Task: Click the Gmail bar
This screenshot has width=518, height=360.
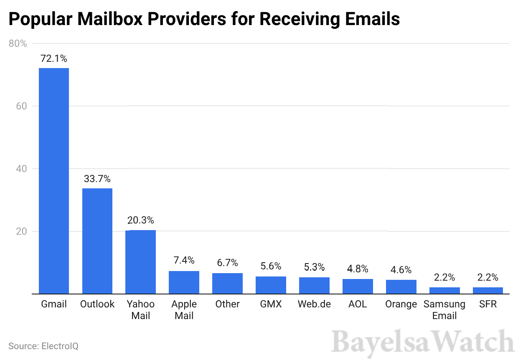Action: pyautogui.click(x=54, y=181)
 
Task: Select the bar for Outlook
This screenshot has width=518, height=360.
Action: pyautogui.click(x=97, y=241)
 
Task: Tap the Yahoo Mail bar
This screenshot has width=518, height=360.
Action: pyautogui.click(x=141, y=262)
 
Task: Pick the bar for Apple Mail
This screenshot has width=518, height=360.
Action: pyautogui.click(x=184, y=282)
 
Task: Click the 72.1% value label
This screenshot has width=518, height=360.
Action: pyautogui.click(x=54, y=59)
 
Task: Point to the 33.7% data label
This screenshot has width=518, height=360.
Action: pyautogui.click(x=97, y=179)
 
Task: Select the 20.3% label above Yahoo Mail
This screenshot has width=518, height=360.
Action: pyautogui.click(x=141, y=220)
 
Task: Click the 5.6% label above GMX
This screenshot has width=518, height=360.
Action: pyautogui.click(x=271, y=266)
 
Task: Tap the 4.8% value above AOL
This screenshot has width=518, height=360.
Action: pyautogui.click(x=358, y=269)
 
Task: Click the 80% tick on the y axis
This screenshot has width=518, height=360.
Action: pyautogui.click(x=18, y=43)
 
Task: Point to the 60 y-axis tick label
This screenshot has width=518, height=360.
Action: pyautogui.click(x=21, y=106)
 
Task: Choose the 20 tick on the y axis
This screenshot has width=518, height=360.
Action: pyautogui.click(x=21, y=231)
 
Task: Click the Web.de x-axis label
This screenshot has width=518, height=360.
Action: pyautogui.click(x=314, y=304)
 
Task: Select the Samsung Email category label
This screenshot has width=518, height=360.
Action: pyautogui.click(x=444, y=310)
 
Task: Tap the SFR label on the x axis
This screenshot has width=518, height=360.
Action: pyautogui.click(x=488, y=304)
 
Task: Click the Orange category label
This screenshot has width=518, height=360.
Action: pyautogui.click(x=401, y=304)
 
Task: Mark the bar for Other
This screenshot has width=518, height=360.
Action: pyautogui.click(x=227, y=284)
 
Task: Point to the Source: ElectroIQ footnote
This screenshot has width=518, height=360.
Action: pyautogui.click(x=43, y=346)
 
